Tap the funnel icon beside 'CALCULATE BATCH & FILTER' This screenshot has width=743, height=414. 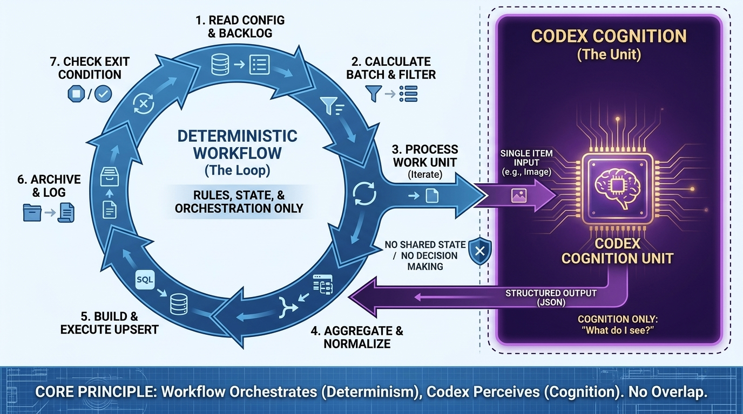tap(374, 93)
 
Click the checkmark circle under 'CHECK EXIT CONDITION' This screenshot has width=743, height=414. tap(103, 94)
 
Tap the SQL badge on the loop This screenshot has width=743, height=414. tap(145, 280)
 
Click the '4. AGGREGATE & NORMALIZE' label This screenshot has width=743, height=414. tap(357, 337)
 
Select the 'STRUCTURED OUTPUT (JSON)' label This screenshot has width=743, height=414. tap(551, 298)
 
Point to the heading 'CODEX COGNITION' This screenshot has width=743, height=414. tap(609, 37)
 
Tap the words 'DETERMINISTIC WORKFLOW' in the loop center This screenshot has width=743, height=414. tap(238, 144)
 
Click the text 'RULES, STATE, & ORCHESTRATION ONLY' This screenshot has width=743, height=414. tap(239, 201)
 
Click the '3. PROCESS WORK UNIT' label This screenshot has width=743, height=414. tap(425, 155)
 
